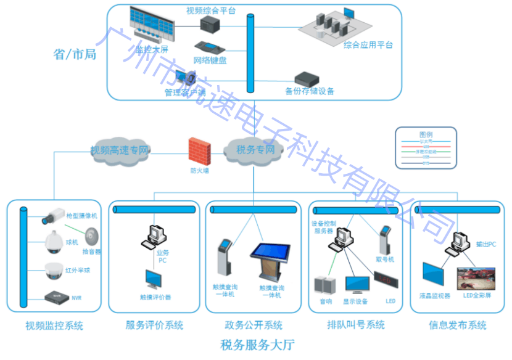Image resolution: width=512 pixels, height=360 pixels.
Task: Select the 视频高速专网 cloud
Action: pyautogui.click(x=120, y=150)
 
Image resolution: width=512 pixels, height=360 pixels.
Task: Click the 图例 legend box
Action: pyautogui.click(x=426, y=147)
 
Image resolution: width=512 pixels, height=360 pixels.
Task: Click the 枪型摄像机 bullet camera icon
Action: pyautogui.click(x=53, y=216)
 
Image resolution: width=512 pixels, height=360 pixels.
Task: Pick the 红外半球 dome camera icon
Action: pyautogui.click(x=55, y=269)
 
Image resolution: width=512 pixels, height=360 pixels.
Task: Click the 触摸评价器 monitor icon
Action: pyautogui.click(x=155, y=280)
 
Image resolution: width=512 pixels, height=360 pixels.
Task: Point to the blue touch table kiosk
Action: pyautogui.click(x=270, y=261)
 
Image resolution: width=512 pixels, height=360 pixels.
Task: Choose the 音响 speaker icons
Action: pyautogui.click(x=324, y=285)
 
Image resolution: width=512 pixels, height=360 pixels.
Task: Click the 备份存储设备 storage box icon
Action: pyautogui.click(x=308, y=79)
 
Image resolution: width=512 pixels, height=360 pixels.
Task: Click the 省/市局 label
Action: pyautogui.click(x=75, y=54)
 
